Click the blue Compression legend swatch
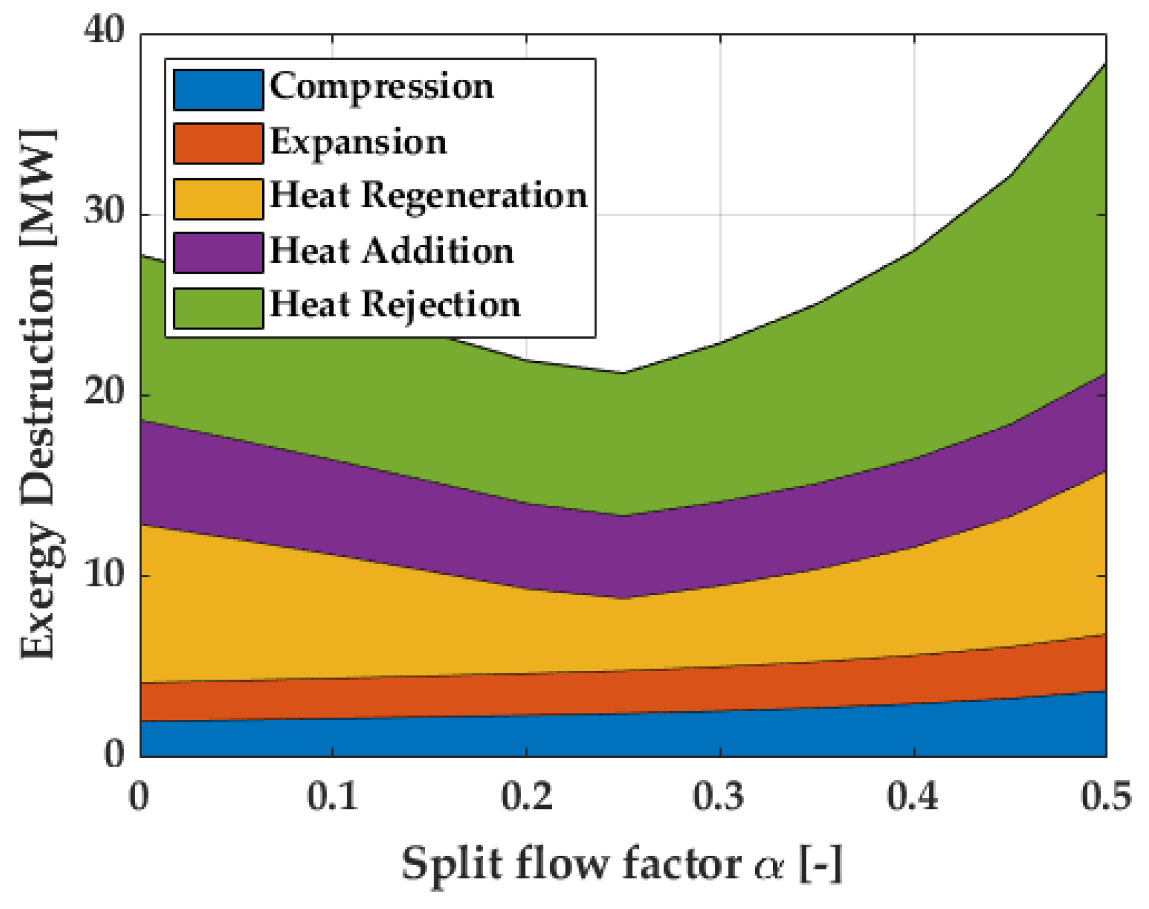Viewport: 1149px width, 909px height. [218, 90]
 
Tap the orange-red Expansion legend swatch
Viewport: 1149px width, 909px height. [218, 143]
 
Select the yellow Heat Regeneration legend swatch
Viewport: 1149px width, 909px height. [218, 198]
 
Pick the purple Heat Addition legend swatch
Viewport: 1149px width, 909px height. [218, 252]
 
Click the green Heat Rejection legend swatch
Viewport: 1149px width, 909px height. [218, 308]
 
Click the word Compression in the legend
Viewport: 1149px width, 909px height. [381, 87]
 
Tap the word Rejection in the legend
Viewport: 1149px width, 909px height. [441, 305]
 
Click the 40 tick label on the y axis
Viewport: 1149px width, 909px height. [104, 30]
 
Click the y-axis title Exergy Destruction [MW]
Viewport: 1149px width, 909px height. [39, 394]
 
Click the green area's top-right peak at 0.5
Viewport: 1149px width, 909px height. [1104, 66]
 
